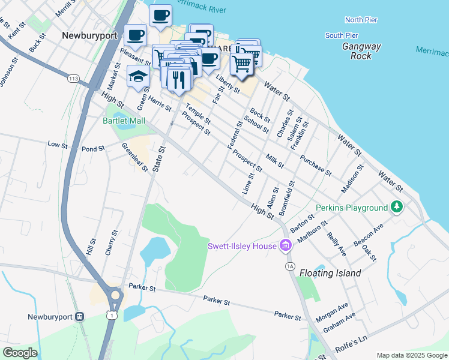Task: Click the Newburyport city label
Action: [89, 35]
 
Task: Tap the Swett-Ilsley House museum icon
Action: [286, 245]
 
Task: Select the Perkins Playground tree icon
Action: [396, 207]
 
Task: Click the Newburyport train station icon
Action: [80, 317]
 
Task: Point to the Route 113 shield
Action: [74, 79]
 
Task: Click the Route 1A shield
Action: [291, 265]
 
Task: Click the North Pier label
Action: [361, 20]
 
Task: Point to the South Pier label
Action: [342, 35]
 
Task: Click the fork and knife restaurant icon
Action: [178, 79]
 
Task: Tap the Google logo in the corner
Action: [20, 353]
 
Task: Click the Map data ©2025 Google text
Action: [411, 355]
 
